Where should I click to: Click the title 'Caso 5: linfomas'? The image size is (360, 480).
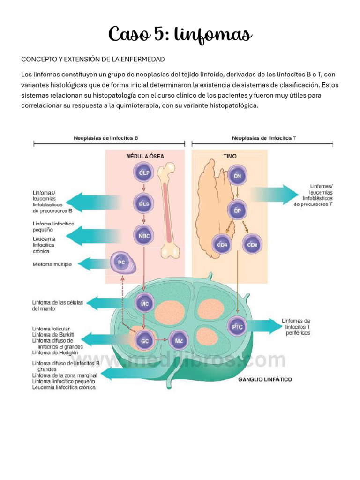point(180,34)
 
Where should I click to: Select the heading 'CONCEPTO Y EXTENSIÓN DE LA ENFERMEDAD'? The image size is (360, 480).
point(93,60)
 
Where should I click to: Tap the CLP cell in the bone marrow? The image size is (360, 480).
point(144,173)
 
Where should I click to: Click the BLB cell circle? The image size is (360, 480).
point(144,204)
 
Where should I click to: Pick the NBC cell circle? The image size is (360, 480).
point(144,235)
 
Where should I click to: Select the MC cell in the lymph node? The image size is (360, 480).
point(144,304)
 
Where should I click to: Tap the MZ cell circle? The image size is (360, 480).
point(179,340)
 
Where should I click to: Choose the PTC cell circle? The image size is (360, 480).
point(237,327)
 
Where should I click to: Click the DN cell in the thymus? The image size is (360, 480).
point(237,176)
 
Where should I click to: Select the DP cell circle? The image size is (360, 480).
point(237,210)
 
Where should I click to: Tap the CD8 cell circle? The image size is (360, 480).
point(252,244)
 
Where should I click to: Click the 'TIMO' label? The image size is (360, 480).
point(230,156)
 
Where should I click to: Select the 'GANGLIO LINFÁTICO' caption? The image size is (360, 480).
point(265,379)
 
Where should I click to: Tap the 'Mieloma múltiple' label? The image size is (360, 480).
point(52,264)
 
